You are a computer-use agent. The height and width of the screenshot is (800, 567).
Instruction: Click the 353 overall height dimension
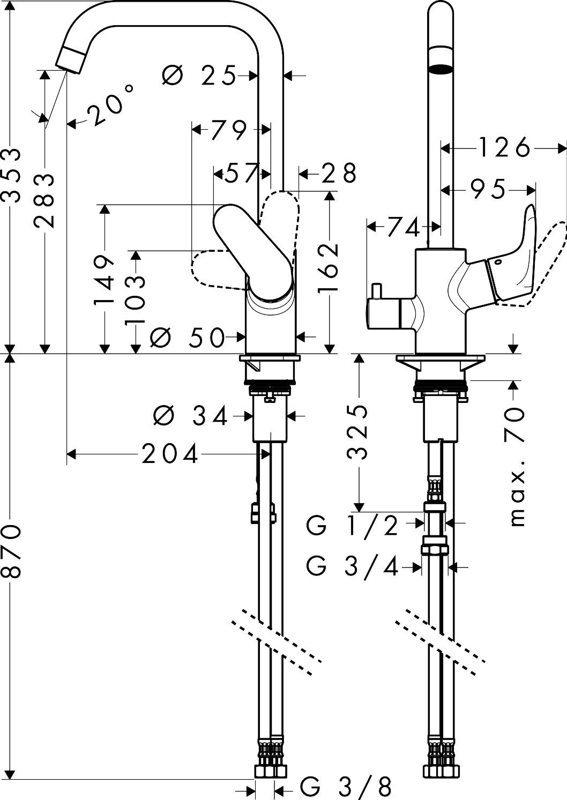point(12,176)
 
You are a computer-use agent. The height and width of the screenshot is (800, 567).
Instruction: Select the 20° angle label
point(110,107)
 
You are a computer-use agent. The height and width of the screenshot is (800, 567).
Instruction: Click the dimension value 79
point(229,130)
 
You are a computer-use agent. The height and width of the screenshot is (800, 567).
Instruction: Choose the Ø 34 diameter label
point(190,415)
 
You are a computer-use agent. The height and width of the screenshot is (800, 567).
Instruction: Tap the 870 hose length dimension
point(12,550)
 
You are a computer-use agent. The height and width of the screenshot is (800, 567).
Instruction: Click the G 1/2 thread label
point(353,526)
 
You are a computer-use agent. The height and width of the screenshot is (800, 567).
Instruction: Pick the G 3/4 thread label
point(353,566)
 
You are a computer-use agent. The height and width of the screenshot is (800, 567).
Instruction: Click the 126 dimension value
point(503,147)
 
